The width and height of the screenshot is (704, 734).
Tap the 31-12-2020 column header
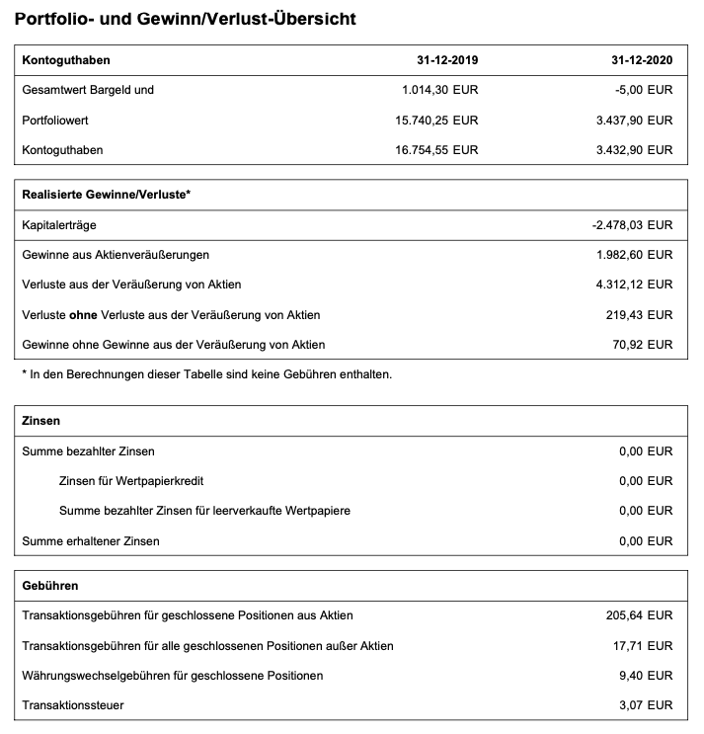click(642, 60)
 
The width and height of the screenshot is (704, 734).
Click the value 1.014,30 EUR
click(439, 90)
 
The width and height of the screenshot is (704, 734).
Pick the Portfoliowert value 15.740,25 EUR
click(435, 120)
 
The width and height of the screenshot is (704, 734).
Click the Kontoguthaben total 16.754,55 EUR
click(435, 150)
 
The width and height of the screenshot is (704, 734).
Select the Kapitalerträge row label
click(59, 225)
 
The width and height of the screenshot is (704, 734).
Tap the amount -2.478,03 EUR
click(632, 225)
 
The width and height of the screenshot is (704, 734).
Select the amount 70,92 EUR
click(645, 345)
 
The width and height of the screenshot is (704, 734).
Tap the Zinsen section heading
click(40, 420)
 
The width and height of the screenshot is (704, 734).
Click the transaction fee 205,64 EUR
click(641, 615)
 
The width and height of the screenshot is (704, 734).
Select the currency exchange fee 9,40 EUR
click(648, 676)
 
